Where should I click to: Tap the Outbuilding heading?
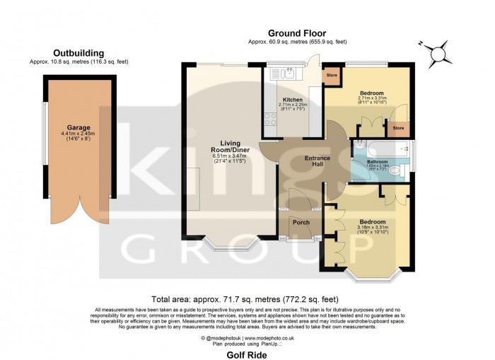point(78,52)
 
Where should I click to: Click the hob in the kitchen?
point(269,120)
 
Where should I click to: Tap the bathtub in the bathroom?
point(383,148)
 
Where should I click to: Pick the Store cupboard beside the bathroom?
point(398,128)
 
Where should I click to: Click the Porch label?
point(301,222)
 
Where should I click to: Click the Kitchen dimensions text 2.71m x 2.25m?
point(293,105)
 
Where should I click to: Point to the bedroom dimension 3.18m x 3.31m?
point(371,227)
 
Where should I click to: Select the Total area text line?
point(246,299)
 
